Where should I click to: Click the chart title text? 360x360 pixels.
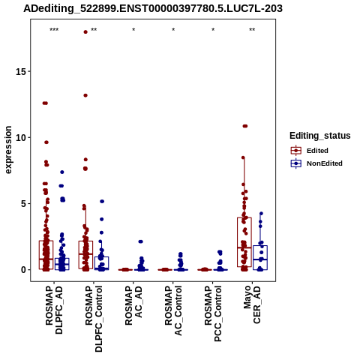pos(153,9)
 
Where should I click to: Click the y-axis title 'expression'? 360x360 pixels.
pos(8,150)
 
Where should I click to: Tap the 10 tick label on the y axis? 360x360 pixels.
pos(20,138)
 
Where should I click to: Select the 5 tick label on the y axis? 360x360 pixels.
pos(23,204)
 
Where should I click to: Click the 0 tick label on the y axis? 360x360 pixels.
pos(23,270)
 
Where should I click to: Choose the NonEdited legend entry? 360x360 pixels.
pos(316,163)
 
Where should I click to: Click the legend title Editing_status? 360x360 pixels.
pos(320,136)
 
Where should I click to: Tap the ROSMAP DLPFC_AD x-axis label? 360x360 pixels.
pos(54,310)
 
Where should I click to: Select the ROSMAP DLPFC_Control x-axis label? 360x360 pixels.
pos(94,319)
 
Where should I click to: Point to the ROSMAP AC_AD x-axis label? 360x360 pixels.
pos(133,305)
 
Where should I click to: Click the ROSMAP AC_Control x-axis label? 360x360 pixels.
pos(173,310)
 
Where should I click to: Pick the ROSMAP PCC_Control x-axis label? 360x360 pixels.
pos(213,313)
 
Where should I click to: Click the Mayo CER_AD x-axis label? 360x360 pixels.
pos(252,304)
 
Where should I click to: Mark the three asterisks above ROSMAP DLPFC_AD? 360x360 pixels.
pos(54,30)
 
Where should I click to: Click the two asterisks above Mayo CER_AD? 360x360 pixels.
pos(252,30)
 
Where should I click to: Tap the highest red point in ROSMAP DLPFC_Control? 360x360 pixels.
pos(85,31)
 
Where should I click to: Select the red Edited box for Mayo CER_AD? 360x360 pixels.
pos(244,242)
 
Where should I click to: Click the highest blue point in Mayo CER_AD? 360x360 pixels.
pos(261,214)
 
